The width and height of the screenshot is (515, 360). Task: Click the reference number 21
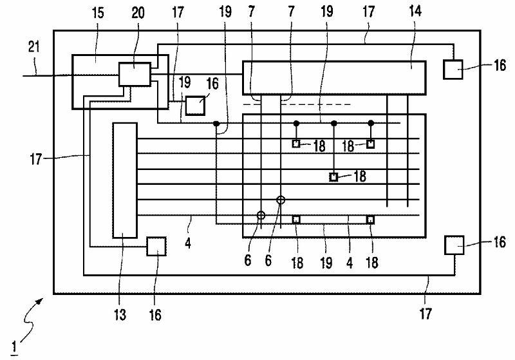pos(33,46)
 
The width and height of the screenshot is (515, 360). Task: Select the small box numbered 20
pos(134,75)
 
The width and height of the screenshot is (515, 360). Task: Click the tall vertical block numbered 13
pos(125,180)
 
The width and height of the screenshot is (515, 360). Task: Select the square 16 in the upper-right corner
pos(454,69)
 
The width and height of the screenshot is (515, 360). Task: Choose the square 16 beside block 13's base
pos(156,247)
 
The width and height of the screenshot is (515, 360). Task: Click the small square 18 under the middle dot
pos(333,176)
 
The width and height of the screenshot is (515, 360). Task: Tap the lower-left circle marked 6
pos(261,216)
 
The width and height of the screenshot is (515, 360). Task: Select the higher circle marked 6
pos(281,200)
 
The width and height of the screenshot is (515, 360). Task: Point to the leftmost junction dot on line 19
pos(217,123)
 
